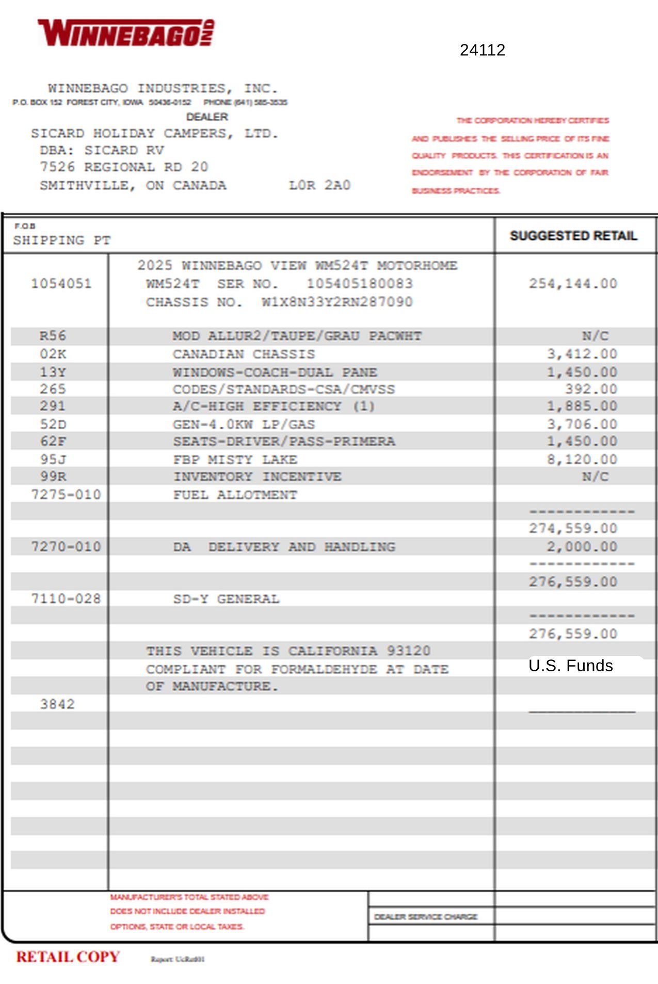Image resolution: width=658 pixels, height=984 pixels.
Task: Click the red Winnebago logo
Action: pyautogui.click(x=126, y=33)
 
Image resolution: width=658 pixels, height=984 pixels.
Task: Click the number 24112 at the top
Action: pyautogui.click(x=482, y=50)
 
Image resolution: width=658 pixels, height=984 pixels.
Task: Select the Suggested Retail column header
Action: pyautogui.click(x=573, y=236)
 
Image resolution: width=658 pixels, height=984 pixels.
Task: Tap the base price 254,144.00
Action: pyautogui.click(x=573, y=284)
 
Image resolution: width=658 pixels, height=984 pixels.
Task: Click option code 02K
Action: pyautogui.click(x=53, y=354)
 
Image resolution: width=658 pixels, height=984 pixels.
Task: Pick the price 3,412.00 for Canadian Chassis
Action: pyautogui.click(x=582, y=354)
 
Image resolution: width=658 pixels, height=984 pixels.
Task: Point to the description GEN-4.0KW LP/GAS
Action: pyautogui.click(x=244, y=424)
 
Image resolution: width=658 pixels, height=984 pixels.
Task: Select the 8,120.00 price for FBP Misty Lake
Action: pyautogui.click(x=582, y=459)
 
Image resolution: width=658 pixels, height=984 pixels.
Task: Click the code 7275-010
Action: pyautogui.click(x=66, y=494)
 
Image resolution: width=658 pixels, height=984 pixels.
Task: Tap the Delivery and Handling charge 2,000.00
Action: pyautogui.click(x=582, y=546)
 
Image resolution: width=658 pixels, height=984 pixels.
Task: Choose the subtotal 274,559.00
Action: pyautogui.click(x=573, y=528)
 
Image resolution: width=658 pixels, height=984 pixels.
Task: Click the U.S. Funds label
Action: pyautogui.click(x=570, y=666)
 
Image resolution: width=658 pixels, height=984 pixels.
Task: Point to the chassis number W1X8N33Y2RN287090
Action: pyautogui.click(x=337, y=302)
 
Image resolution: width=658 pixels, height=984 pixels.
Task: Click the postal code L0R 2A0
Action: pyautogui.click(x=319, y=185)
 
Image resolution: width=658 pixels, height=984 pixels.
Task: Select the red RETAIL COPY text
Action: pyautogui.click(x=68, y=957)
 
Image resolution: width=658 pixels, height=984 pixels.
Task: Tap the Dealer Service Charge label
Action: pyautogui.click(x=426, y=916)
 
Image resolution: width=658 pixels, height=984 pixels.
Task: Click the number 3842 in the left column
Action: pyautogui.click(x=57, y=704)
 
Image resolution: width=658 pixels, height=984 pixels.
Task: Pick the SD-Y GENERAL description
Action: pyautogui.click(x=226, y=599)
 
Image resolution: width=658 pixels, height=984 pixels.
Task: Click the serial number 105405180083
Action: pyautogui.click(x=360, y=284)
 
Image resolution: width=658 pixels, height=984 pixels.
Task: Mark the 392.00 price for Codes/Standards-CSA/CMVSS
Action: pyautogui.click(x=591, y=389)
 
